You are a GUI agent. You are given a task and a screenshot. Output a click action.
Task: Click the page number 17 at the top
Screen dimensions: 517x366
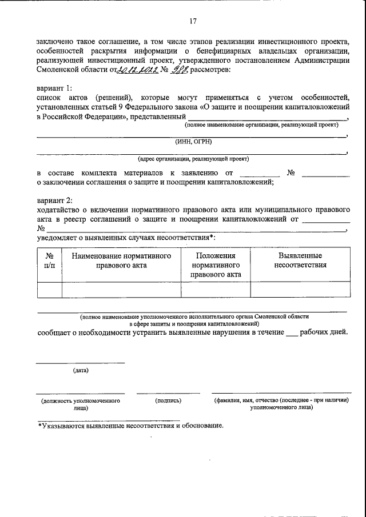coord(193,22)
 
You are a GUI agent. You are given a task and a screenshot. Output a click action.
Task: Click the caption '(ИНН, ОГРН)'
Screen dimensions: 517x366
coord(193,142)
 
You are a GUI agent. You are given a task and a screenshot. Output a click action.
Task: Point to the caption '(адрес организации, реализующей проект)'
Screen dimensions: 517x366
coord(193,159)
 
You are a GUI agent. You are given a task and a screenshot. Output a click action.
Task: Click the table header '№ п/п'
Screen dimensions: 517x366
coord(50,260)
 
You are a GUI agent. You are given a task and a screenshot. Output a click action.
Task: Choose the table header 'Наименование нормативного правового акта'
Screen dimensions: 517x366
coord(121,260)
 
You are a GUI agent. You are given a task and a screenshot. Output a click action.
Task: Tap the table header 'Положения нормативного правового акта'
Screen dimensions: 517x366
coord(216,265)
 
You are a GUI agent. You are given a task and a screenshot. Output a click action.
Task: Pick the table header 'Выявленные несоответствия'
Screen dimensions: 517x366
coord(300,260)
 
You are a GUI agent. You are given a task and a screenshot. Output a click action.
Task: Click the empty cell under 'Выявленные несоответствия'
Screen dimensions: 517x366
coord(300,290)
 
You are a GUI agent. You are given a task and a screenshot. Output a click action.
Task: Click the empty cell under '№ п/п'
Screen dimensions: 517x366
coord(50,290)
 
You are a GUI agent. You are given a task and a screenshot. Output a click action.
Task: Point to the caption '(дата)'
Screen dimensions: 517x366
coord(81,371)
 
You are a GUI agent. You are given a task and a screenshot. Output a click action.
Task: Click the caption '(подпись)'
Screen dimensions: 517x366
coord(168,401)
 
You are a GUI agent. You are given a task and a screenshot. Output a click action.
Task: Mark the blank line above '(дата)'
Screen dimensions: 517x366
coord(81,362)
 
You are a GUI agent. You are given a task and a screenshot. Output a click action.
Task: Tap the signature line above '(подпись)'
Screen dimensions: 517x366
coord(168,392)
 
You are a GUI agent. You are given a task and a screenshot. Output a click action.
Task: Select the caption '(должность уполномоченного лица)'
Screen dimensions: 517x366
coord(81,404)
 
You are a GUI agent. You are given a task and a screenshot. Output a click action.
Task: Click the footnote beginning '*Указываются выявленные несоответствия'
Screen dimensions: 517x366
coord(130,426)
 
